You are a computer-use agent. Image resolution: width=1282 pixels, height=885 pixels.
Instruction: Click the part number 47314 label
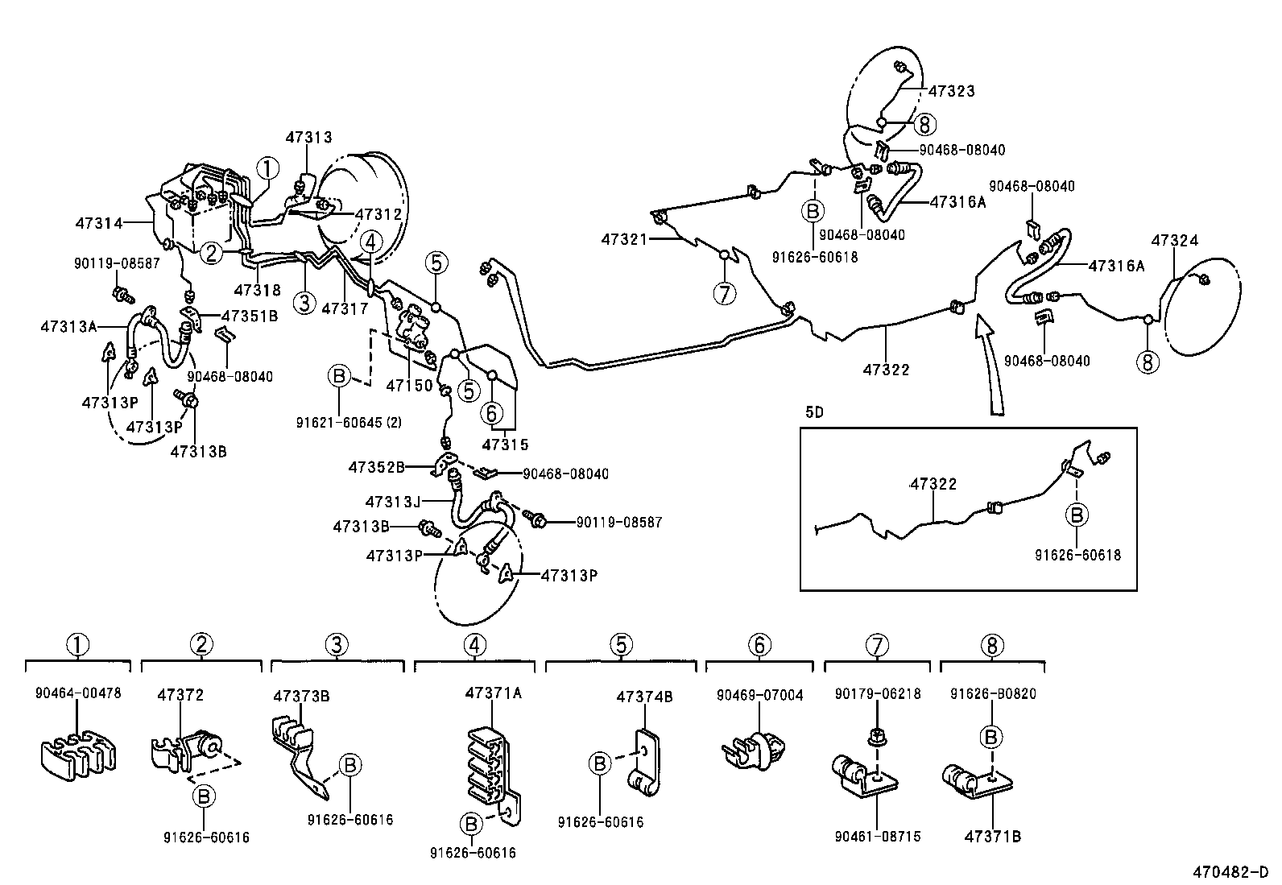(99, 223)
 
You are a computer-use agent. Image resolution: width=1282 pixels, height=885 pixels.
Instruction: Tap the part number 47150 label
(409, 387)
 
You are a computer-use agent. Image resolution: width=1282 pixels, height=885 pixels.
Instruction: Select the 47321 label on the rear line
(625, 239)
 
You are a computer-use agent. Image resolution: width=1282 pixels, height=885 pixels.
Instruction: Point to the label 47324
(1174, 240)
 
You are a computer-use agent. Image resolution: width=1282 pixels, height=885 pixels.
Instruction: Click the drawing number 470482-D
(1230, 872)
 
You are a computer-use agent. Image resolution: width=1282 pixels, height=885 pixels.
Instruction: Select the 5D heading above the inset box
(814, 412)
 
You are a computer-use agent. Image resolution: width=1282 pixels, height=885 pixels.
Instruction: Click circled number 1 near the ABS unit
(267, 167)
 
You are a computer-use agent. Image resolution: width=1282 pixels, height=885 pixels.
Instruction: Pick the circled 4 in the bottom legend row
(474, 644)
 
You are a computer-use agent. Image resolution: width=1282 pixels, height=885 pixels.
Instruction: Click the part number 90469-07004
(759, 695)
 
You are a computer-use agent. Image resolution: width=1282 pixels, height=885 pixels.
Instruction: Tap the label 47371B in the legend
(992, 837)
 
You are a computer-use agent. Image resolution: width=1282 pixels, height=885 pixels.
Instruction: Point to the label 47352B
(376, 466)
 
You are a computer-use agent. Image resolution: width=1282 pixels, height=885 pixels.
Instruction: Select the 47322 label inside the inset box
(933, 484)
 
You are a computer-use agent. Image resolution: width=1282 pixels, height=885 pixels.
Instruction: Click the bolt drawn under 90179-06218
(879, 734)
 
